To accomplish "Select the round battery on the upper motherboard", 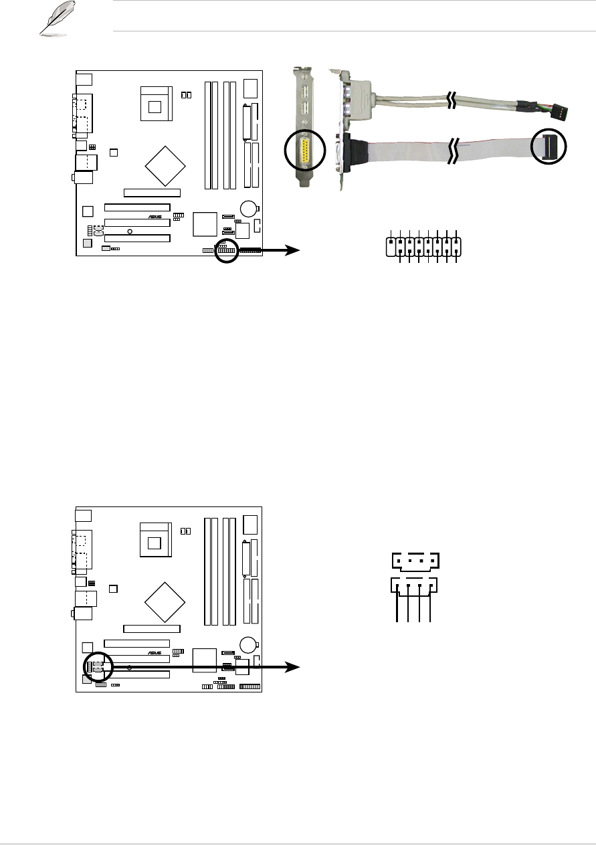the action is tap(250, 207).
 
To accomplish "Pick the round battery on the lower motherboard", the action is tap(250, 644).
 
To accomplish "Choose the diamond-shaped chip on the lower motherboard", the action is tap(165, 600).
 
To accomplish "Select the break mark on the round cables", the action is tap(453, 101).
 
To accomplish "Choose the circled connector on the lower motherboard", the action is tap(98, 666).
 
